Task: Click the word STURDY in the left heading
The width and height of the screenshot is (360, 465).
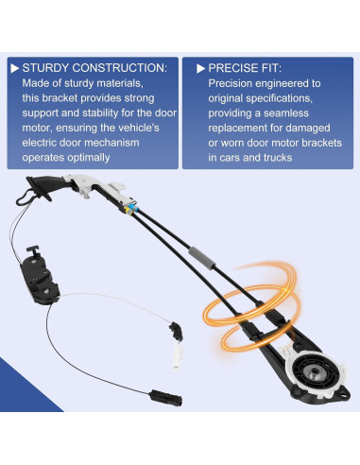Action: pyautogui.click(x=46, y=68)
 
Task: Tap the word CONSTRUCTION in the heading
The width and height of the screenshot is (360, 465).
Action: pyautogui.click(x=120, y=68)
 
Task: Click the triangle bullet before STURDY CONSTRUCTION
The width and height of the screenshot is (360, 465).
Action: pyautogui.click(x=13, y=68)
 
